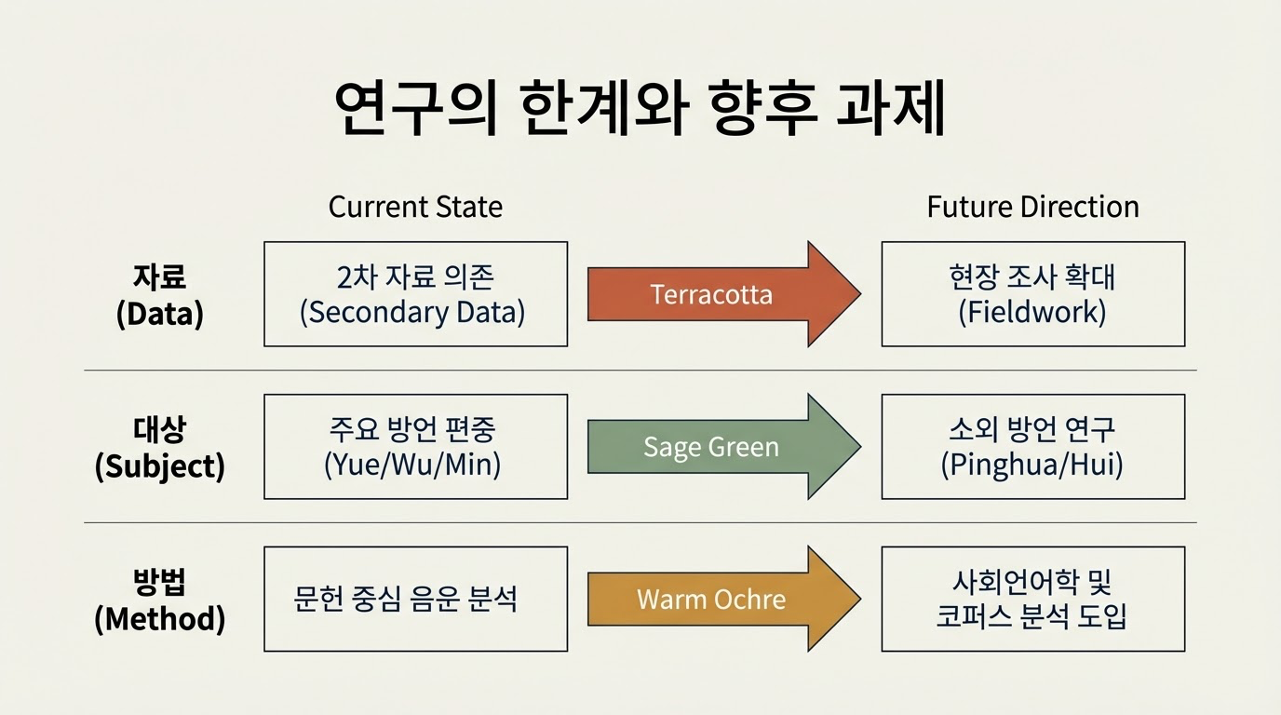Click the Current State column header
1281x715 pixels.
pyautogui.click(x=415, y=207)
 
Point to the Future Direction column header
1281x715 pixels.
pyautogui.click(x=1032, y=207)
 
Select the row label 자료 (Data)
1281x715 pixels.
pyautogui.click(x=160, y=294)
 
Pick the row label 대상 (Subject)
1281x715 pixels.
pyautogui.click(x=160, y=447)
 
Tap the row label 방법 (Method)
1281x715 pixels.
pyautogui.click(x=160, y=599)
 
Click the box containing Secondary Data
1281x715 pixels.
pyautogui.click(x=415, y=294)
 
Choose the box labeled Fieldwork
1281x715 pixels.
pyautogui.click(x=1032, y=294)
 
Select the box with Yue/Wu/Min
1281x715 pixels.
pyautogui.click(x=415, y=447)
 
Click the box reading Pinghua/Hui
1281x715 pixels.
pyautogui.click(x=1032, y=447)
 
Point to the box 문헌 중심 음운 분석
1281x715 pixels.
pyautogui.click(x=415, y=599)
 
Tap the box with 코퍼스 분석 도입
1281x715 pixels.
pyautogui.click(x=1032, y=599)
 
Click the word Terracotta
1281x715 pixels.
pyautogui.click(x=711, y=295)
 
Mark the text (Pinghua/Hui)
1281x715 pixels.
pyautogui.click(x=1032, y=464)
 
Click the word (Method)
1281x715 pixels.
pyautogui.click(x=160, y=619)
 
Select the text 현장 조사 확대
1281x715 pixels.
pyautogui.click(x=1032, y=277)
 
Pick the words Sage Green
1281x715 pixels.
pyautogui.click(x=711, y=448)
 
